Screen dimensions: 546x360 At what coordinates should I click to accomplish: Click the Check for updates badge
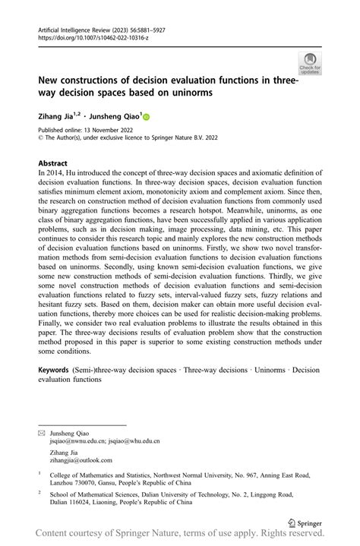point(311,64)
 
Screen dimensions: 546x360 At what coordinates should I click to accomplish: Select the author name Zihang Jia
point(58,118)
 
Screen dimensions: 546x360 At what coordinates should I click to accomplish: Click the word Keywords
point(58,369)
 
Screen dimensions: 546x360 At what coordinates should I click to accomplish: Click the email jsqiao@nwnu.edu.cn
point(76,440)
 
